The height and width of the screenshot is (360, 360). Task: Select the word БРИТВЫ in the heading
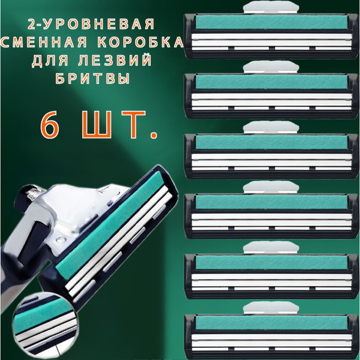tap(95, 80)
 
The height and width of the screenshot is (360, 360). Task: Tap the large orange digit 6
tap(52, 125)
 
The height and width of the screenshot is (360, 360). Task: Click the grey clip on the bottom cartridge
tap(271, 306)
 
